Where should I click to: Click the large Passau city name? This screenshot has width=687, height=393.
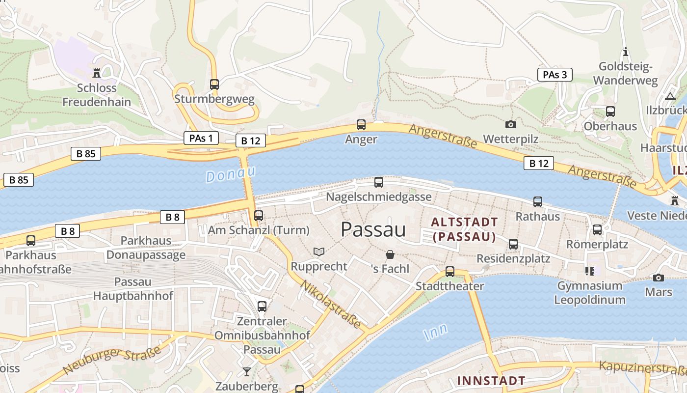[373, 229]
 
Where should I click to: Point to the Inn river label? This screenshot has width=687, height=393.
[435, 333]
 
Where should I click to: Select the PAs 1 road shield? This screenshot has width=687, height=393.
[201, 138]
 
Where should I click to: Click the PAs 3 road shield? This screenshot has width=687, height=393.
[555, 75]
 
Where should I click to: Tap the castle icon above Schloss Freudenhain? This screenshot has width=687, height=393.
[97, 73]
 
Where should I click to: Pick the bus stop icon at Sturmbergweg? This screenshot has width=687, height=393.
[214, 84]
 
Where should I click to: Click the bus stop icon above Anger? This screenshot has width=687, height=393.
[361, 124]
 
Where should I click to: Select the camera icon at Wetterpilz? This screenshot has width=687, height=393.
[511, 125]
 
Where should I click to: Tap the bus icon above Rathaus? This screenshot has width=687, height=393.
[538, 201]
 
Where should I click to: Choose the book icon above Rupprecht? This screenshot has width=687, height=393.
[319, 252]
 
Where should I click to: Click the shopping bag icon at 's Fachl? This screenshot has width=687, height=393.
[390, 254]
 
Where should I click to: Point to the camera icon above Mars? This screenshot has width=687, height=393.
[659, 278]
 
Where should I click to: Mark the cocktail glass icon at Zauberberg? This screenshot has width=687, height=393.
[246, 372]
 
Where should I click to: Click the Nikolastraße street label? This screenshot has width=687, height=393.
[331, 305]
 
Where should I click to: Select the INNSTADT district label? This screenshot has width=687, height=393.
[491, 380]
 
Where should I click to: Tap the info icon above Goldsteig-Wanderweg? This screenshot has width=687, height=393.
[626, 52]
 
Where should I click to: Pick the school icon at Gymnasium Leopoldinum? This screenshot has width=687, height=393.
[589, 271]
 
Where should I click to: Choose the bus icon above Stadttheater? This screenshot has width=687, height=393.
[449, 271]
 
